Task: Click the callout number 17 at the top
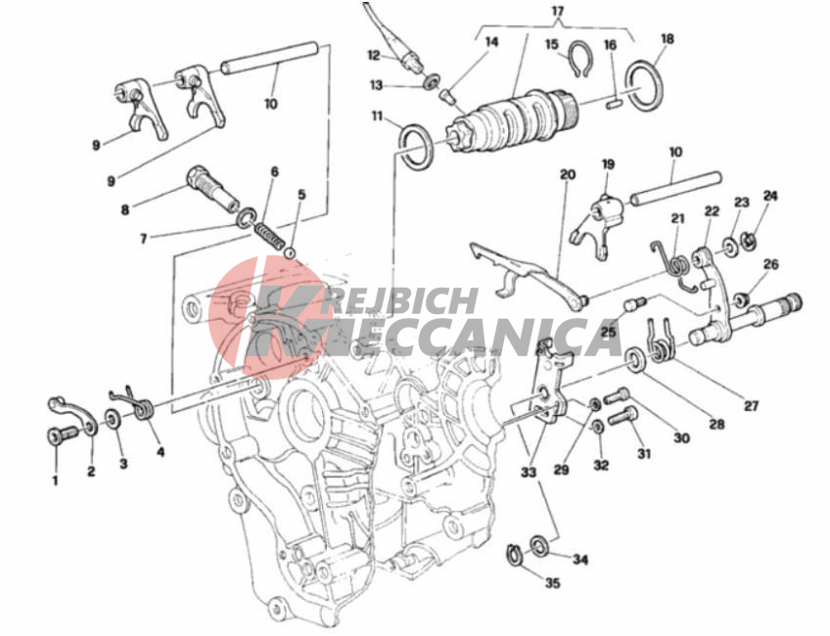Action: [x=558, y=11]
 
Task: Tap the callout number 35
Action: [x=552, y=583]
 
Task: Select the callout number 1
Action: [x=55, y=480]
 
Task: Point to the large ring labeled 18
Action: [x=643, y=85]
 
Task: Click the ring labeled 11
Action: [x=417, y=147]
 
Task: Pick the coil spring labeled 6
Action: [x=268, y=236]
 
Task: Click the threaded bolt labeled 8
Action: [x=211, y=188]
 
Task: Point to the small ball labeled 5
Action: [x=290, y=252]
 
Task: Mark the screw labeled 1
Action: [x=61, y=436]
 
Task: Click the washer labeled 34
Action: [x=540, y=546]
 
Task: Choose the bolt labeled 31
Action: [x=623, y=416]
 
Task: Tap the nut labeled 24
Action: [x=749, y=240]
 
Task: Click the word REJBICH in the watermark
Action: [x=400, y=300]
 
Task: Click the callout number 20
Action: [x=567, y=174]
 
